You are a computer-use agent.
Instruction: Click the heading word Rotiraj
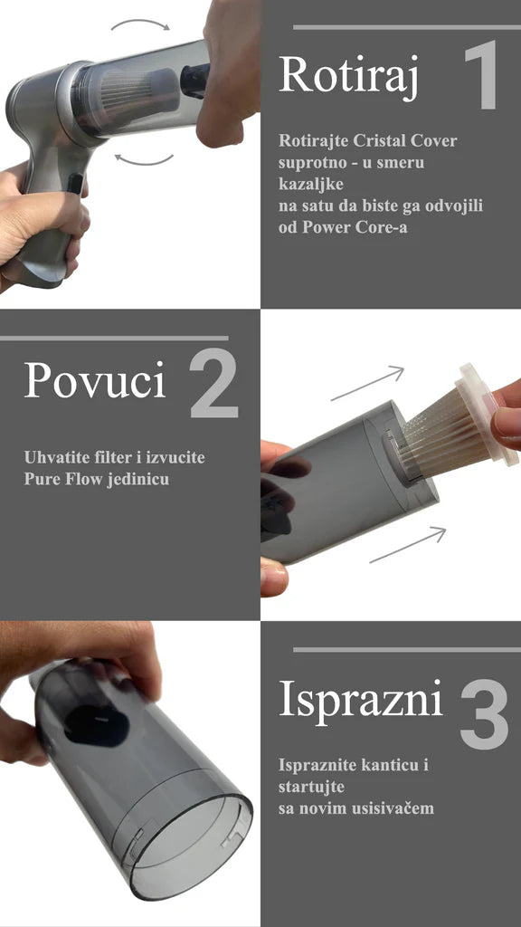[348, 75]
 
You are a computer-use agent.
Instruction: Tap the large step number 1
[482, 76]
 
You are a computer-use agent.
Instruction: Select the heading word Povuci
[95, 381]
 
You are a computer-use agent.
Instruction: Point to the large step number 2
[213, 384]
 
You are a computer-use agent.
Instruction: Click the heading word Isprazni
[361, 700]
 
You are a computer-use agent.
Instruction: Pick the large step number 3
[485, 714]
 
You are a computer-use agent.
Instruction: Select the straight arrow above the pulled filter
[366, 384]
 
